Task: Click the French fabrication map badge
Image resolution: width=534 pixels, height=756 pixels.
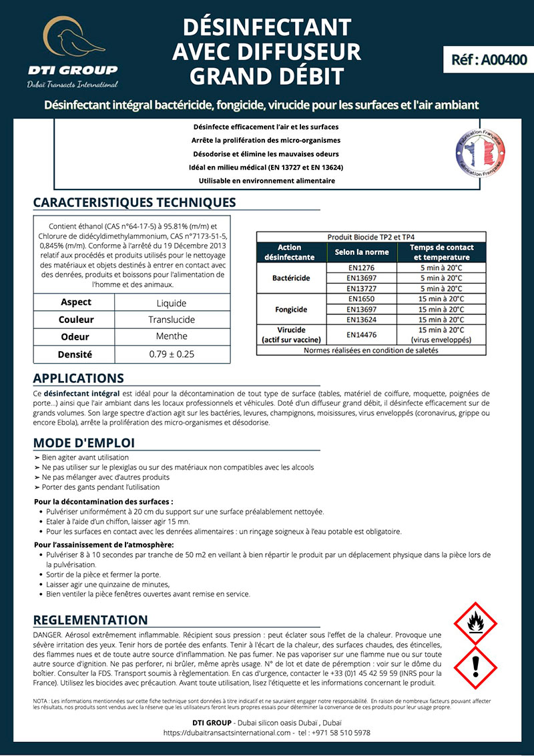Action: tap(479, 153)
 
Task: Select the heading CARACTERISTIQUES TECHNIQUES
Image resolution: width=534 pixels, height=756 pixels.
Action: tap(134, 202)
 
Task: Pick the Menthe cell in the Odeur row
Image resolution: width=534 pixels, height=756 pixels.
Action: tap(172, 336)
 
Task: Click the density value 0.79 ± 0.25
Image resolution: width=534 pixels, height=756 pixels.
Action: tap(172, 354)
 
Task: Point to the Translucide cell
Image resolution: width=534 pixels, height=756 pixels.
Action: tap(172, 320)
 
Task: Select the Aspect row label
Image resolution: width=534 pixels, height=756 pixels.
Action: tap(75, 302)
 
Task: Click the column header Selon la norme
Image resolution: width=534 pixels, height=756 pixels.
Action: tap(357, 252)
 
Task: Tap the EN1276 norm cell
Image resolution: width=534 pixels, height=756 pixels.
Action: tap(357, 268)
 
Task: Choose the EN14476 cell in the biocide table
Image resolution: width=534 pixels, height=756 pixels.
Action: tap(357, 334)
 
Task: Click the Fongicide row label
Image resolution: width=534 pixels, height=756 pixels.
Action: tap(291, 310)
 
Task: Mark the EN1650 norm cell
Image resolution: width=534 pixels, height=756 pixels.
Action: tap(357, 300)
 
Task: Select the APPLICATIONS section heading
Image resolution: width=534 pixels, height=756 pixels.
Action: tap(78, 378)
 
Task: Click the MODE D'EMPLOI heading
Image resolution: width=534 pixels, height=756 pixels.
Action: tap(83, 443)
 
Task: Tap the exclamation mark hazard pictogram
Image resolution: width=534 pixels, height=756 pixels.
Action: tap(475, 668)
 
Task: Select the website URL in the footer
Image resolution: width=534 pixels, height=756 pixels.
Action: tap(228, 733)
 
